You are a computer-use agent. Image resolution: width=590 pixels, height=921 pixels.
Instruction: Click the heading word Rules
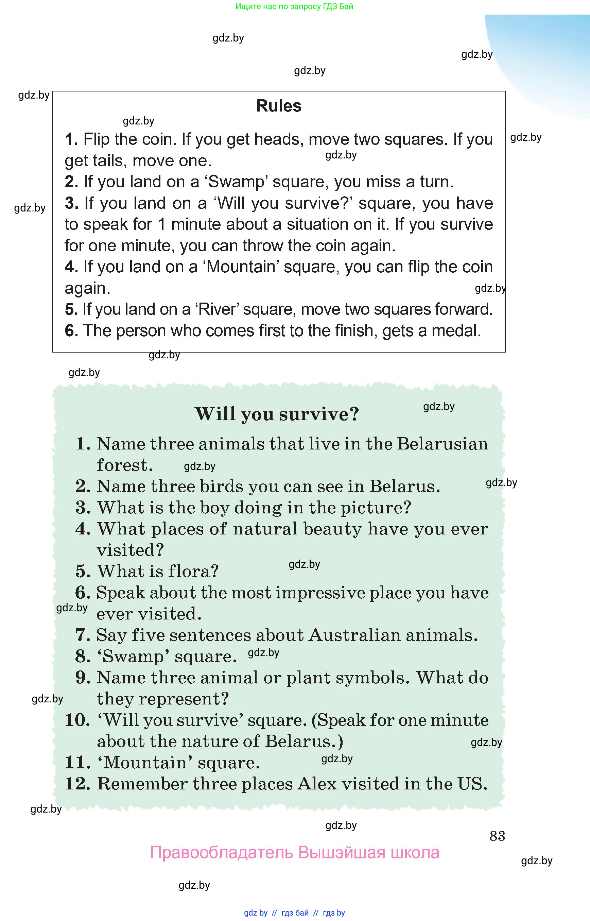point(279,106)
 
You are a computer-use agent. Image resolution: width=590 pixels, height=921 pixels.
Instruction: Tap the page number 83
point(497,836)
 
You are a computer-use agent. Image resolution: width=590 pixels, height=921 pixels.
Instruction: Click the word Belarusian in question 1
point(442,444)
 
